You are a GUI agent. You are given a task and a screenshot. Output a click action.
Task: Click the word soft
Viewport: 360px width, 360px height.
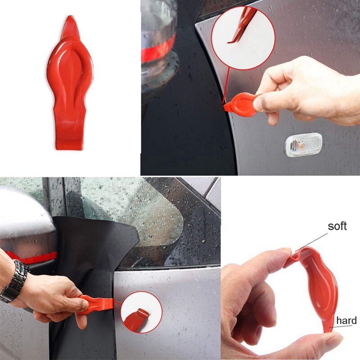[x=337, y=226]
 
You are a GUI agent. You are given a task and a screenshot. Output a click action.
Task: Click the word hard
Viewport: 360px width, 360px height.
[x=346, y=320]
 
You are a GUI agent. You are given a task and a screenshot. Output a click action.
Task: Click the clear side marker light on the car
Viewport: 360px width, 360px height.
[x=303, y=144]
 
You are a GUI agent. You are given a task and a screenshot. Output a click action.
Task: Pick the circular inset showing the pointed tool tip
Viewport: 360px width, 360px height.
[x=243, y=38]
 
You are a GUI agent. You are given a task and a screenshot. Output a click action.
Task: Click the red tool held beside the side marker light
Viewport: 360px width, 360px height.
[x=240, y=102]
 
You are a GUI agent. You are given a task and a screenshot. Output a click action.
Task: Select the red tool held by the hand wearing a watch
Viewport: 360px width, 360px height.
[x=97, y=304]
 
